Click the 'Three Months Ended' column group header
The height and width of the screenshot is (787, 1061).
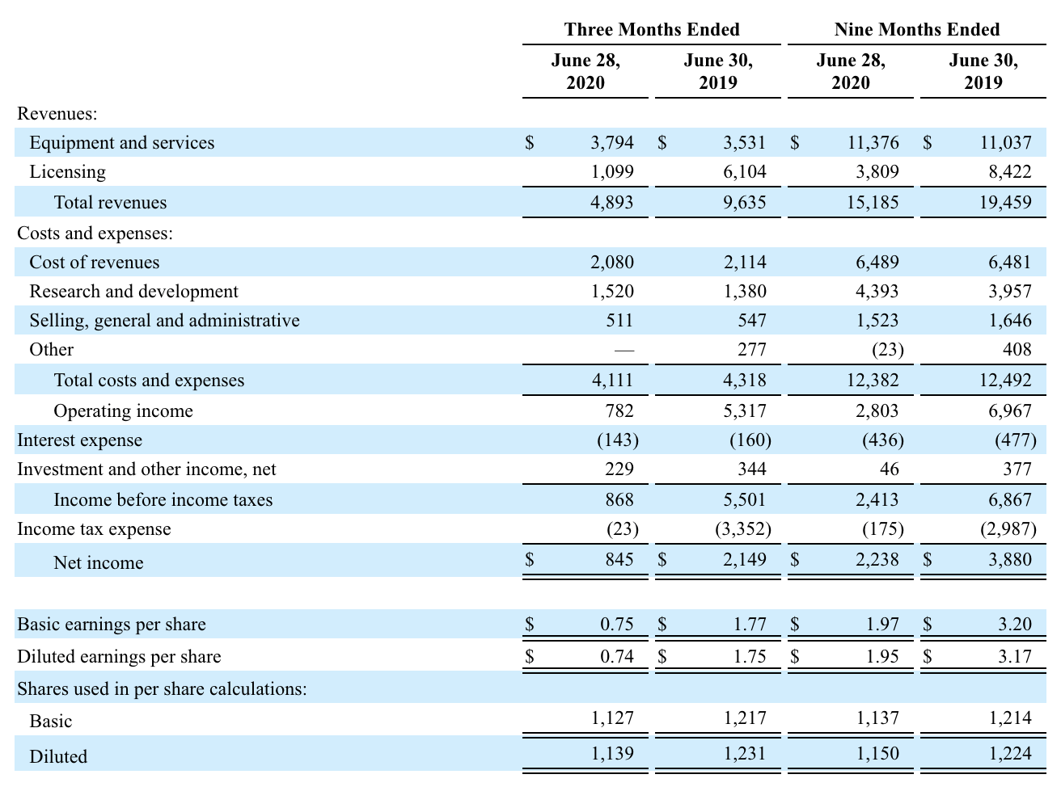click(x=652, y=30)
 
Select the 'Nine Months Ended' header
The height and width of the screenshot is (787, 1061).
click(x=917, y=30)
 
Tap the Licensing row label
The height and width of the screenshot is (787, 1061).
click(x=67, y=171)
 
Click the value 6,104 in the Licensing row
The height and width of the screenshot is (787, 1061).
click(x=744, y=171)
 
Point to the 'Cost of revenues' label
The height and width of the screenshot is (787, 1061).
click(x=95, y=262)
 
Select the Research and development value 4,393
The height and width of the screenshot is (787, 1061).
click(x=877, y=291)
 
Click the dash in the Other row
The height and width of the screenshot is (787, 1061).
click(x=624, y=351)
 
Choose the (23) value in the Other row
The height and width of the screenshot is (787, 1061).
click(x=888, y=350)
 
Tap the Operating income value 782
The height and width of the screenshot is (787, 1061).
click(x=619, y=410)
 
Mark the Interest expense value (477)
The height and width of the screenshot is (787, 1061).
click(x=1016, y=440)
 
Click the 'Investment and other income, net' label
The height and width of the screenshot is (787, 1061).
click(x=146, y=469)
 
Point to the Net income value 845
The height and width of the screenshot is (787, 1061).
click(x=619, y=559)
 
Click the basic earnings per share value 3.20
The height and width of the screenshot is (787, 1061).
click(x=1015, y=624)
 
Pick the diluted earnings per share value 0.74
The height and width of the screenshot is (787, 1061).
click(x=616, y=656)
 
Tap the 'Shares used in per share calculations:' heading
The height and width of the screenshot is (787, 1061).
click(x=162, y=689)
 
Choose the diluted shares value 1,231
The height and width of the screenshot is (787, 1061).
click(x=744, y=754)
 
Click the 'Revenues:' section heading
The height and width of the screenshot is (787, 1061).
click(x=57, y=114)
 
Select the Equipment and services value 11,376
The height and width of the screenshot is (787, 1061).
click(x=873, y=142)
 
